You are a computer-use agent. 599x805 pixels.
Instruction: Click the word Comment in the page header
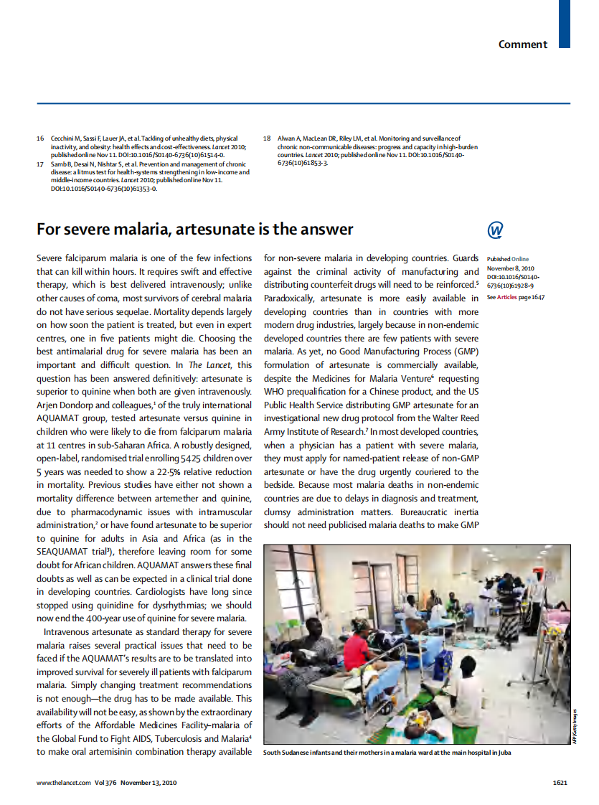click(522, 44)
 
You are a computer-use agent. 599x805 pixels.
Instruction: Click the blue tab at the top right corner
click(564, 24)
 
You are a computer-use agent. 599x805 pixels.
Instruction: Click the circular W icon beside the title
click(495, 230)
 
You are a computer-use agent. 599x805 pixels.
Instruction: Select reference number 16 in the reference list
click(41, 138)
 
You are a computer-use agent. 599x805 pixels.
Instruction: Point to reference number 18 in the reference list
click(267, 138)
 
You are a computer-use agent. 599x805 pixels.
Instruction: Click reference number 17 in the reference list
click(41, 164)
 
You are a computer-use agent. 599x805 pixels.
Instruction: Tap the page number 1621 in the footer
click(560, 783)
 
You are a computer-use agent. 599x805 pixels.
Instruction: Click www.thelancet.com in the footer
click(64, 783)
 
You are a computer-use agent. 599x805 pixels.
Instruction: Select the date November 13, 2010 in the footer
click(150, 783)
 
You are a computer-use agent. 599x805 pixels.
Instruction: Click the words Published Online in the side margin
click(508, 259)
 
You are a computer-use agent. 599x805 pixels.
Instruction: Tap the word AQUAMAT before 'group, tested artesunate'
click(60, 418)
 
